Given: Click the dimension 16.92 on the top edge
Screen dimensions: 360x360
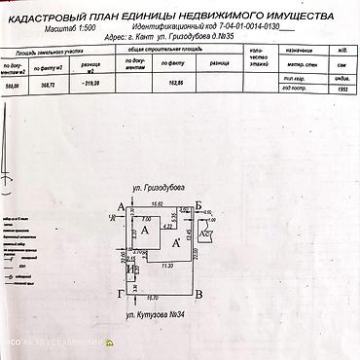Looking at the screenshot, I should coord(158,204).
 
